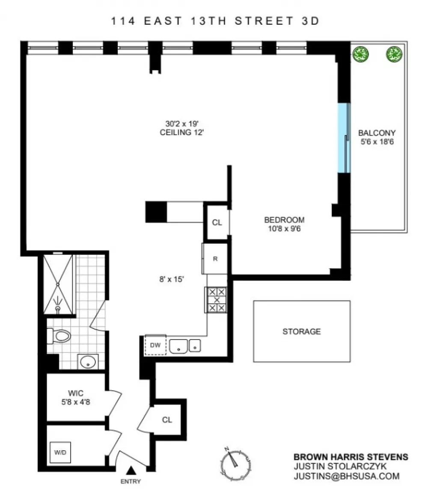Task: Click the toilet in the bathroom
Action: pyautogui.click(x=59, y=336)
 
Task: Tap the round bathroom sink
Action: pyautogui.click(x=88, y=362)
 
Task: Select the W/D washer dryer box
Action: pyautogui.click(x=60, y=452)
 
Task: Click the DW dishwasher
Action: pyautogui.click(x=155, y=345)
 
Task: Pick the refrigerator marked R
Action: pyautogui.click(x=214, y=259)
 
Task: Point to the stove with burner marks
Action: pyautogui.click(x=217, y=300)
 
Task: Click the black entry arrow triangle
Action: pyautogui.click(x=131, y=470)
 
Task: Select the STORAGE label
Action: pyautogui.click(x=302, y=332)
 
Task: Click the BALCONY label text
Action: pyautogui.click(x=377, y=133)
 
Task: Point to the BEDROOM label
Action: pyautogui.click(x=284, y=220)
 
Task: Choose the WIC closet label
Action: pyautogui.click(x=75, y=393)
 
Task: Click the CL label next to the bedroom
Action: pyautogui.click(x=217, y=222)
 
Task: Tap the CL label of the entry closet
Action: pyautogui.click(x=167, y=420)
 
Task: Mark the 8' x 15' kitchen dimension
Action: pyautogui.click(x=172, y=279)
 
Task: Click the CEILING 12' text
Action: pyautogui.click(x=181, y=133)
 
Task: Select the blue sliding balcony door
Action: pyautogui.click(x=344, y=138)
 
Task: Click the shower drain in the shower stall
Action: pyautogui.click(x=58, y=308)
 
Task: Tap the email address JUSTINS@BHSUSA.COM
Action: pyautogui.click(x=347, y=476)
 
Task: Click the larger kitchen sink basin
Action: pyautogui.click(x=178, y=346)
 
